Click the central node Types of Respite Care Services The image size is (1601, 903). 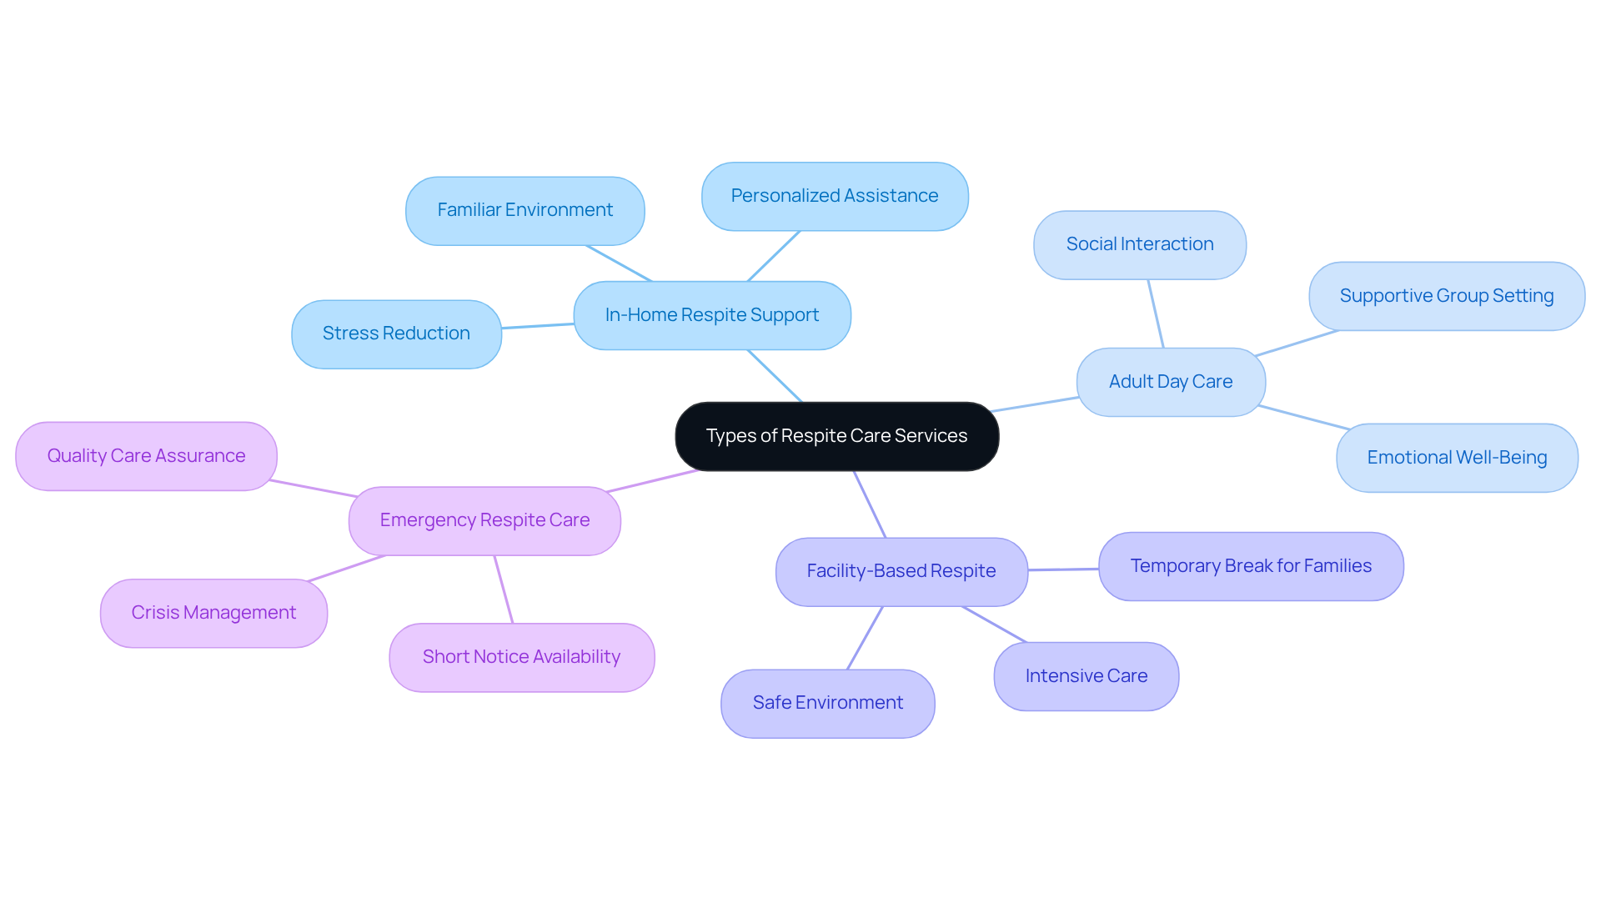836,436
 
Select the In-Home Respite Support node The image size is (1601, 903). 711,315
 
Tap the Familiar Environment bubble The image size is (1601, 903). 524,210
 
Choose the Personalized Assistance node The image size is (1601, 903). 834,196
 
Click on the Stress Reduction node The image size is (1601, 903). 396,334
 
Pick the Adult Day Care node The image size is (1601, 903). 1170,382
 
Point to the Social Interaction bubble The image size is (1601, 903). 1139,244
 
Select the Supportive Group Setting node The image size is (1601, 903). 1446,296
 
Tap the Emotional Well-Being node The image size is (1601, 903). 1456,458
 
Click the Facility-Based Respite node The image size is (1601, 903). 901,571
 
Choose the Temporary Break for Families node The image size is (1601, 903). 1250,566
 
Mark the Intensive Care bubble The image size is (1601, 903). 1086,676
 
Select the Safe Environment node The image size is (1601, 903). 827,703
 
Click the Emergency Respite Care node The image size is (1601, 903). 484,520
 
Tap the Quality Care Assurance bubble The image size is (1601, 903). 146,456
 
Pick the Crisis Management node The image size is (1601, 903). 213,613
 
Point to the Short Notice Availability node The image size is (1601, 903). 521,657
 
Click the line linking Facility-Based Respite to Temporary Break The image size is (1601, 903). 1063,569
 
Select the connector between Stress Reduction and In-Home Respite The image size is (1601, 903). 538,326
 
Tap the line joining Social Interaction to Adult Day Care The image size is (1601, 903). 1156,314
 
